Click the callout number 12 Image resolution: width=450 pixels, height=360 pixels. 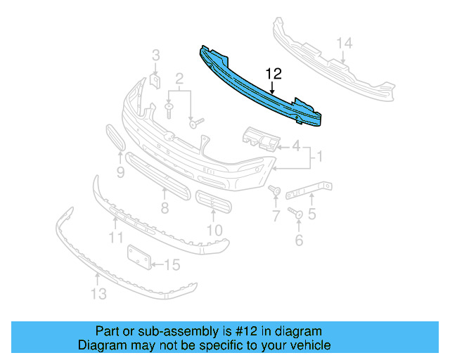273,74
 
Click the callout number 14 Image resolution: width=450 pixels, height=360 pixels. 343,44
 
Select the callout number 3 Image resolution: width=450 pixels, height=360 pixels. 156,55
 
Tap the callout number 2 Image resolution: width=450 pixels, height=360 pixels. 179,78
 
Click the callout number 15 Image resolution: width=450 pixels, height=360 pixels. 172,265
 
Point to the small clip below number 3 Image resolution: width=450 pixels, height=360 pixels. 155,82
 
